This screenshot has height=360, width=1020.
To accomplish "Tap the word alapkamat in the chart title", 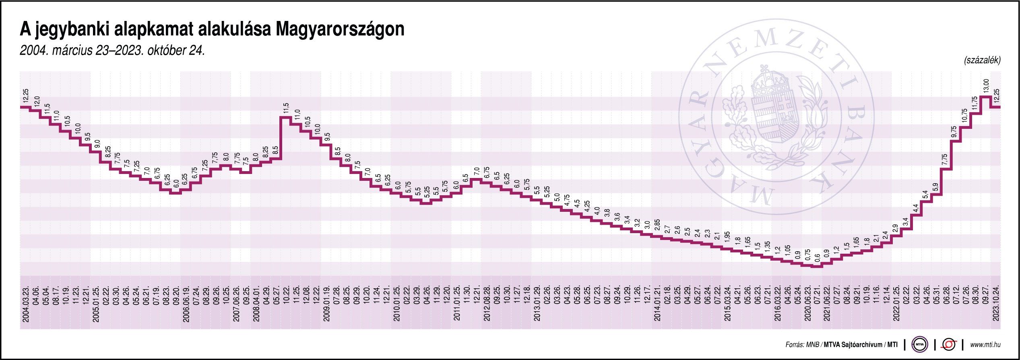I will point(155,30).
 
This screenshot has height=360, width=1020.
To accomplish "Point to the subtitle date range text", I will point(112,51).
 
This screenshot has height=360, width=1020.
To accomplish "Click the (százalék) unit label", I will point(982,60).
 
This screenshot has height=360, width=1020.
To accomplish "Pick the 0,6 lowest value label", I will point(817,258).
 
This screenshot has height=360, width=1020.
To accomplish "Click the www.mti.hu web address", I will point(985,345).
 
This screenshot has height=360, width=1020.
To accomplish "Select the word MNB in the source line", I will point(809,345).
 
